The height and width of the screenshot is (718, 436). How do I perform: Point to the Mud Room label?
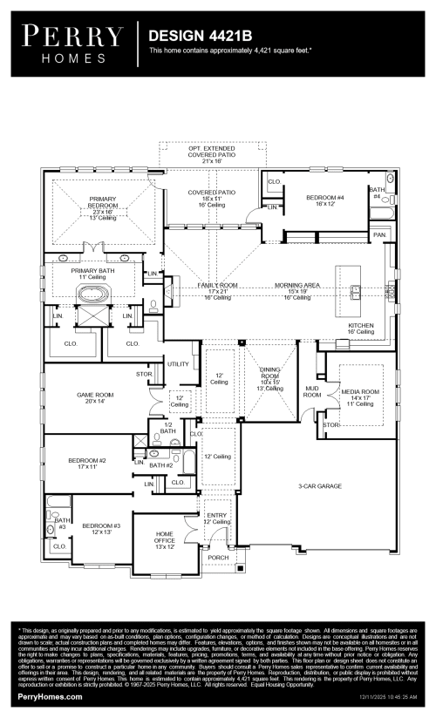311,391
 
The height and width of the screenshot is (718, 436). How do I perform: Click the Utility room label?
178,363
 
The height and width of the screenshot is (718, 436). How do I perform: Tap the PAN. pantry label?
379,235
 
